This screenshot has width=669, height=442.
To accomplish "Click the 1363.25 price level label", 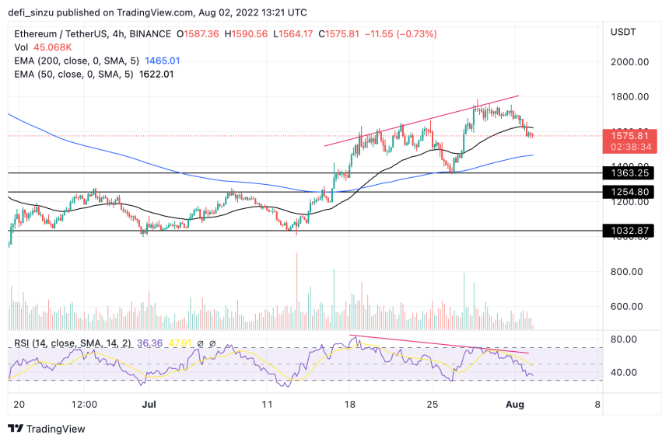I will point(631,172).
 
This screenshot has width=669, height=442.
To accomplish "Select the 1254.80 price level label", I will point(631,191).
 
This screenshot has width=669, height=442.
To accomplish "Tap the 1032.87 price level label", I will point(631,231).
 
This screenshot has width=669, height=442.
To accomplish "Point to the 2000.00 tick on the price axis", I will point(630,62).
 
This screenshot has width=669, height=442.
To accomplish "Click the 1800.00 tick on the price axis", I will point(630,97).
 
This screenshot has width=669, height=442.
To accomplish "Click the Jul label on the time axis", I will point(147,405).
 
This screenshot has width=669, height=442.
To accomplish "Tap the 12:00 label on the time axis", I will point(84,405).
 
